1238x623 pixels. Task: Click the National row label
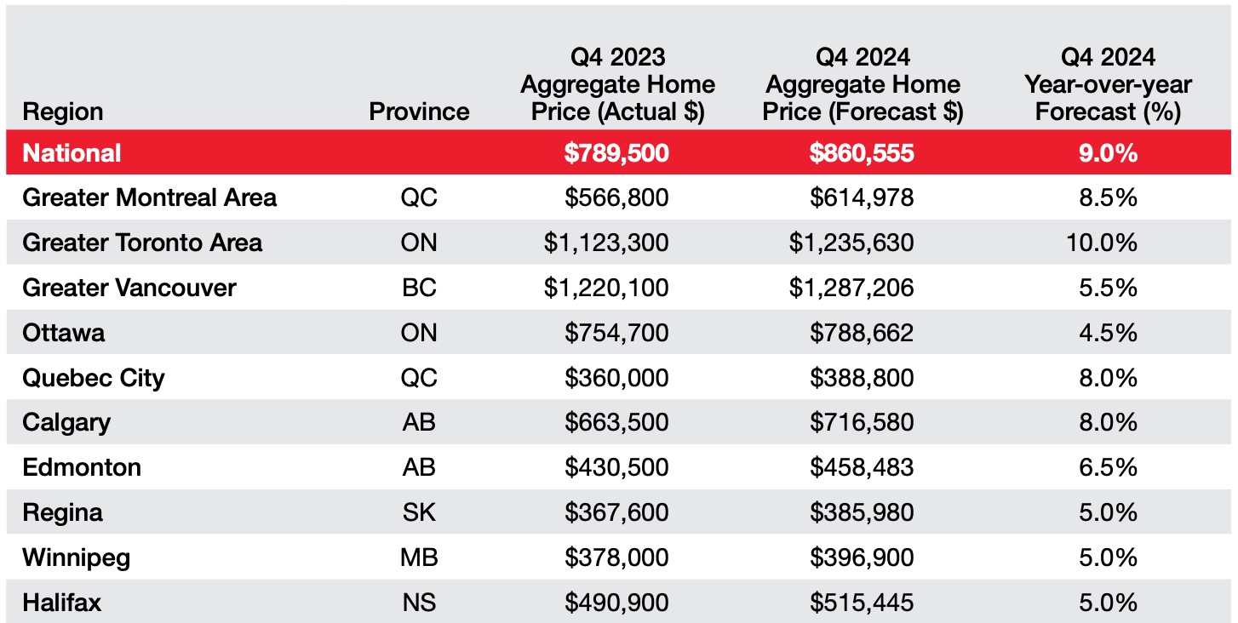click(72, 153)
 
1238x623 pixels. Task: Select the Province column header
click(419, 111)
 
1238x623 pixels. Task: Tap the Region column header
click(62, 111)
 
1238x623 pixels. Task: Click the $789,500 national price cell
click(616, 153)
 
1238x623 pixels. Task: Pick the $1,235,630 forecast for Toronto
click(851, 243)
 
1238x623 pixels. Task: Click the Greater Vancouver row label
click(129, 288)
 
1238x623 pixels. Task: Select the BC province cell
click(419, 288)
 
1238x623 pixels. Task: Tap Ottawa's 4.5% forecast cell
click(1109, 333)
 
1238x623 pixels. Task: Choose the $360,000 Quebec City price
click(616, 378)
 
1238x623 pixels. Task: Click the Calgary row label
click(66, 423)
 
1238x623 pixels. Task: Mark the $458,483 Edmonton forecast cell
click(862, 468)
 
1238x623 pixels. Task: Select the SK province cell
click(419, 513)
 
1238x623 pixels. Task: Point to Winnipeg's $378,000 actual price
click(616, 558)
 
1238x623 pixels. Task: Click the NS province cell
click(419, 603)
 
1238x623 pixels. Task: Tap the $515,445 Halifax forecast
click(862, 603)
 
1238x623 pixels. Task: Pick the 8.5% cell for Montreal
click(1109, 198)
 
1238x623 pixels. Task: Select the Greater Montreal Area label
click(149, 198)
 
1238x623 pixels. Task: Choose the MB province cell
click(419, 558)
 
